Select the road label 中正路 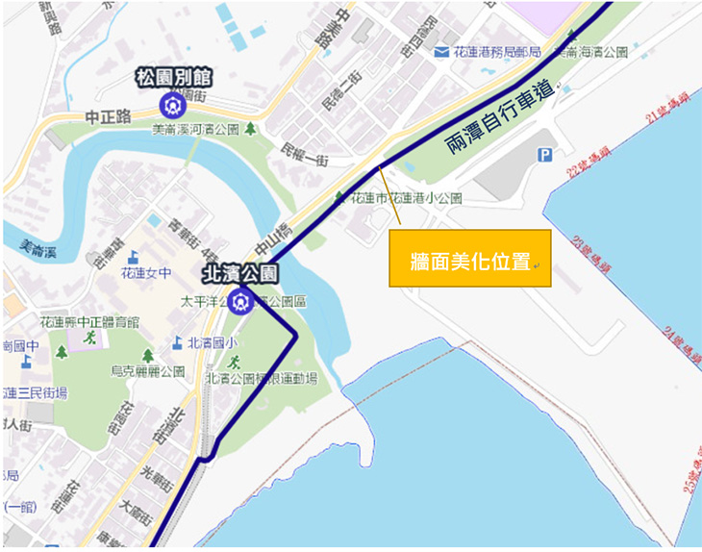[107, 116]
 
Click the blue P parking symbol [545, 154]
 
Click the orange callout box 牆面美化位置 [469, 259]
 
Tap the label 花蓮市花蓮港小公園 [406, 198]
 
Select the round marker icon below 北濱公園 [242, 302]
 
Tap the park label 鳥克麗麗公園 [147, 370]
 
